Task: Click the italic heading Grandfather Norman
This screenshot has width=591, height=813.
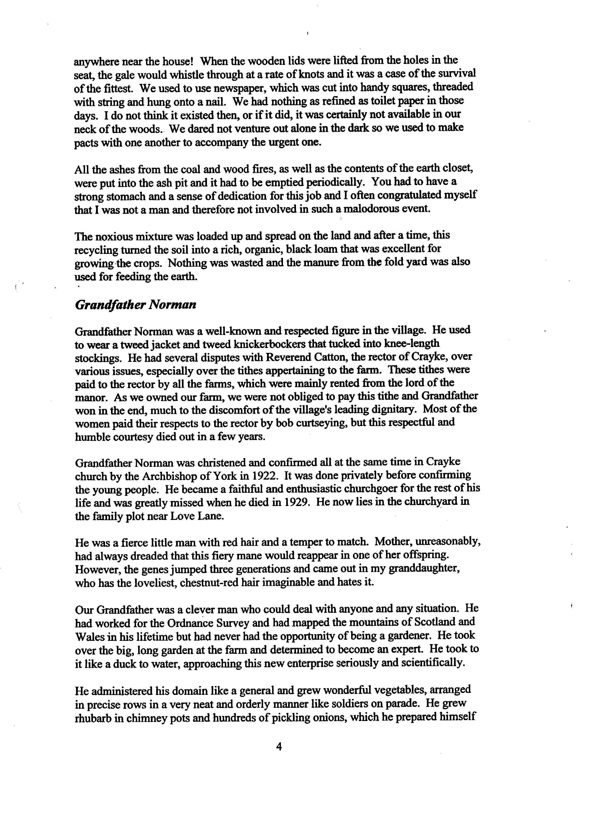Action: pos(136,305)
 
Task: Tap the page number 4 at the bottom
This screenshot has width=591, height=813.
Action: pos(279,747)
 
